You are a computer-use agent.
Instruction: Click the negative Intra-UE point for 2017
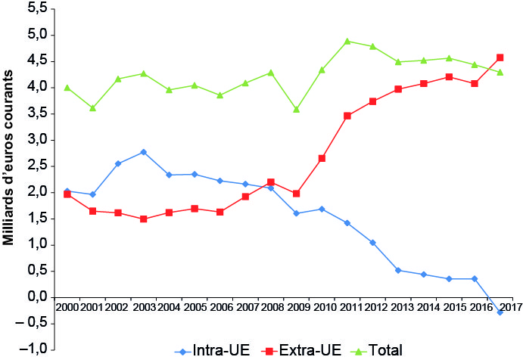[500, 312]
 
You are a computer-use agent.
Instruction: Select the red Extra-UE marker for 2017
[500, 57]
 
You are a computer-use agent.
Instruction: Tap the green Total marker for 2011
[347, 41]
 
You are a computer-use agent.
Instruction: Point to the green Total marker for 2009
[297, 110]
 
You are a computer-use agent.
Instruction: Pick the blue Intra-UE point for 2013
[398, 270]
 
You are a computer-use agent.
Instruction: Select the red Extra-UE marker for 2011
[347, 116]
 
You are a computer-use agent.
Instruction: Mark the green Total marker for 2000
[67, 88]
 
